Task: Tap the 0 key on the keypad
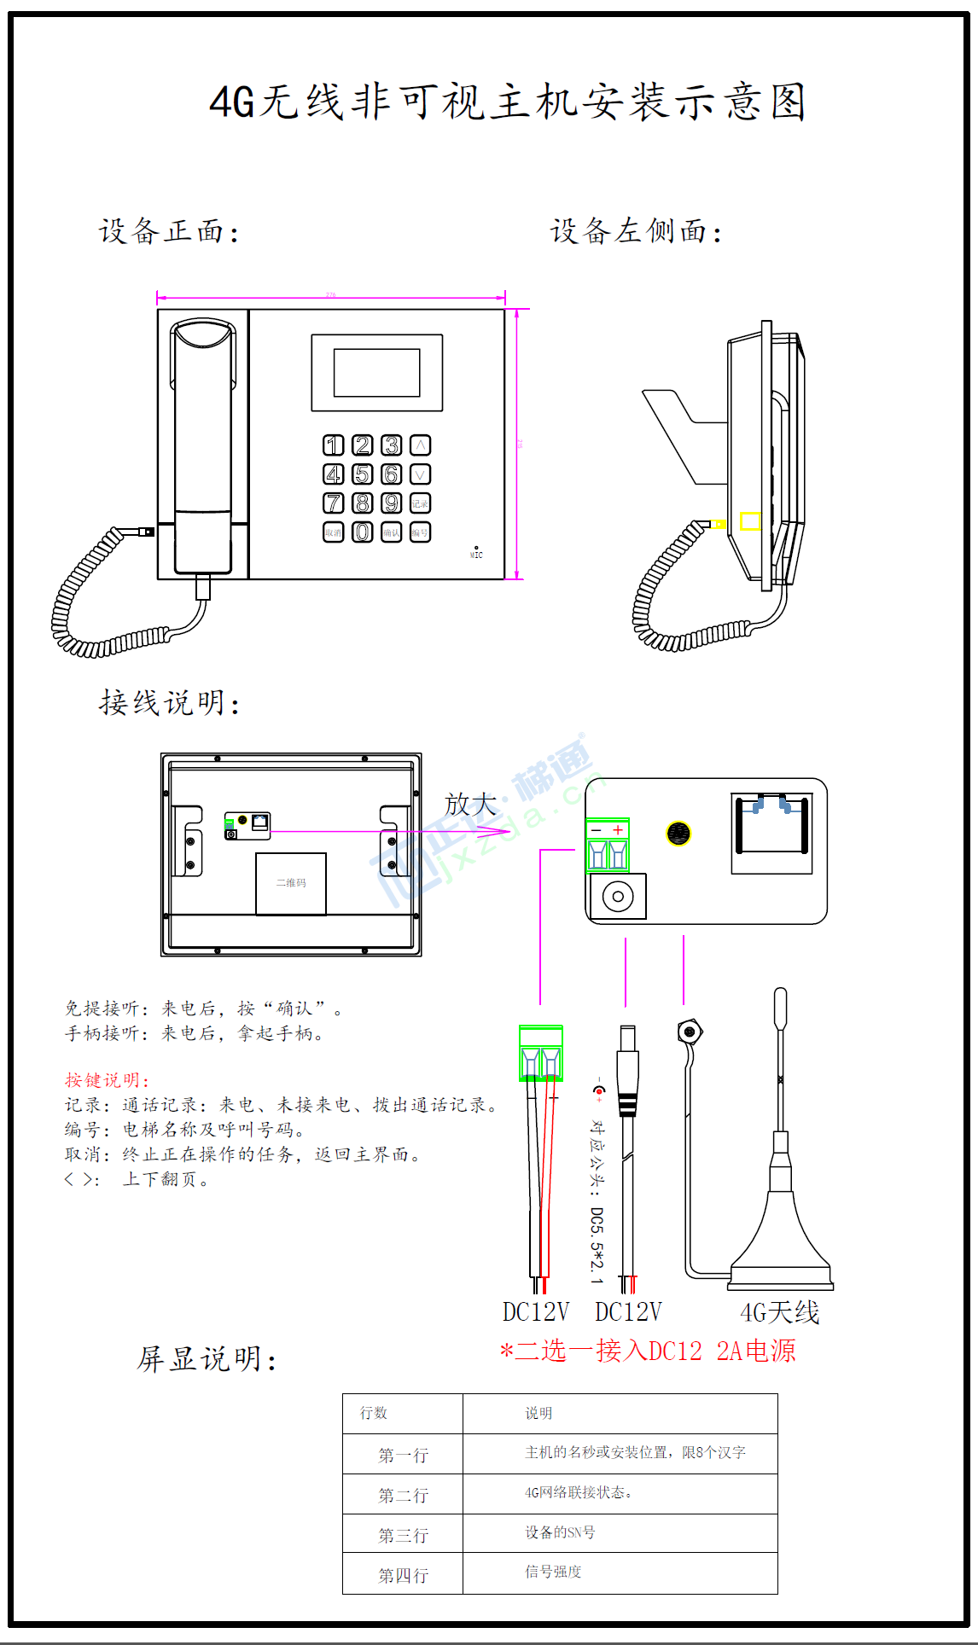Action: [x=363, y=532]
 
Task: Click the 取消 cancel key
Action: [x=334, y=532]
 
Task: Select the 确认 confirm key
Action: [x=391, y=532]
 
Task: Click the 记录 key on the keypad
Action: [x=420, y=503]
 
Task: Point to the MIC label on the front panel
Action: [x=476, y=555]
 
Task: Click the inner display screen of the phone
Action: [x=376, y=373]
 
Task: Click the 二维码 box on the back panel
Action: [x=291, y=883]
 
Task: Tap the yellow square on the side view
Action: [x=750, y=520]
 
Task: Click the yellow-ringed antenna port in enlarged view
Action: [x=678, y=834]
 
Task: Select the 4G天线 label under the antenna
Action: [x=779, y=1312]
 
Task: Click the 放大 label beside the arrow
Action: [x=470, y=804]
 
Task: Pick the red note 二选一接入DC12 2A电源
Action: [x=648, y=1351]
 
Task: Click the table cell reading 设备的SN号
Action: [x=560, y=1532]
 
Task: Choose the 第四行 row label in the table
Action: [x=403, y=1575]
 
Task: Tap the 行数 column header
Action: [x=374, y=1413]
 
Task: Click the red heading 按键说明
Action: [x=107, y=1080]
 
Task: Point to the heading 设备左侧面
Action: [x=636, y=231]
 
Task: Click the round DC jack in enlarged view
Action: [x=618, y=897]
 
